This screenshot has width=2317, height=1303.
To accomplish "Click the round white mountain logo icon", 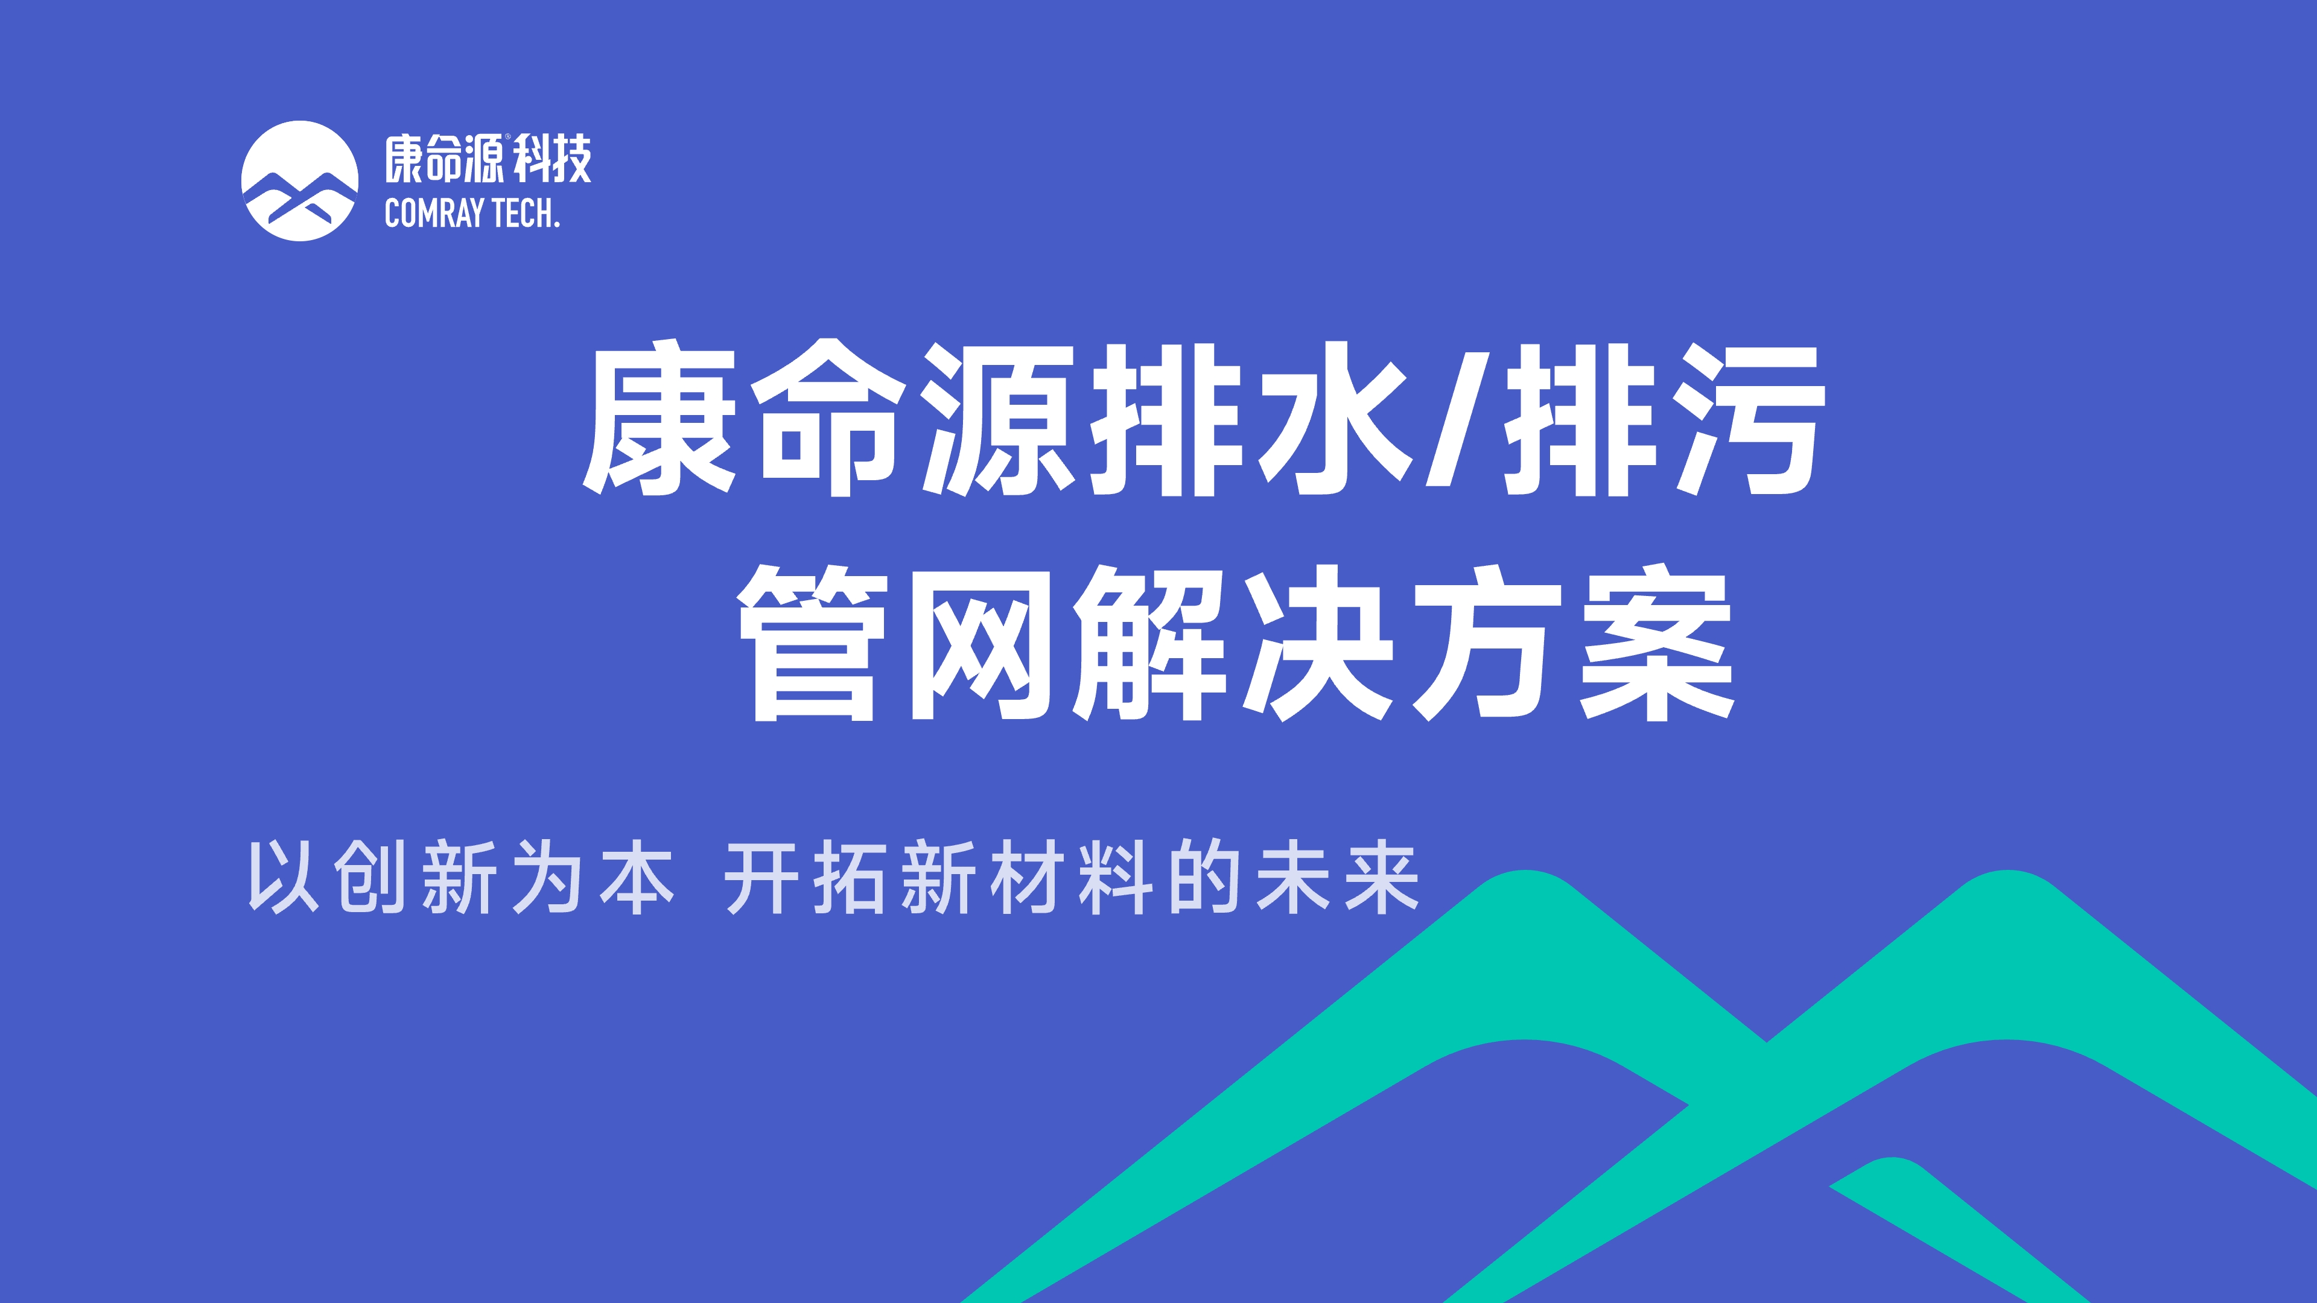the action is pos(299,181).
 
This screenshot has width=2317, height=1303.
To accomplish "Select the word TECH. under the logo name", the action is pos(526,214).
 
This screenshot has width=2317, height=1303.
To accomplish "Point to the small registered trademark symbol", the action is pos(507,138).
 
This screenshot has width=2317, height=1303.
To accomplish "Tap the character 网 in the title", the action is pos(981,645).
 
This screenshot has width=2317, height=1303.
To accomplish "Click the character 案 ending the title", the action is pos(1657,643).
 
